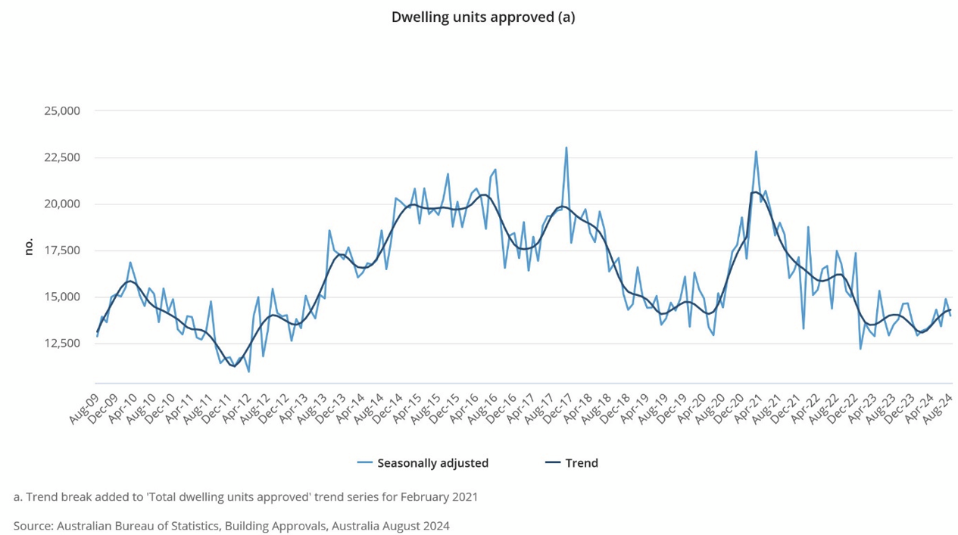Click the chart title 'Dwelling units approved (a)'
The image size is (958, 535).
coord(482,17)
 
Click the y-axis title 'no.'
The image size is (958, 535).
coord(29,247)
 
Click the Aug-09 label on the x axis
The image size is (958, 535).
coord(84,409)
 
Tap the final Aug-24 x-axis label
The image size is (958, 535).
coord(938,409)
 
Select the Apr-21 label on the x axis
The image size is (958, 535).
coord(742,409)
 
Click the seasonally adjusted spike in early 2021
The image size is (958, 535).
coord(756,151)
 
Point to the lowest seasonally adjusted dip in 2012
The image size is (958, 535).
coord(248,371)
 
